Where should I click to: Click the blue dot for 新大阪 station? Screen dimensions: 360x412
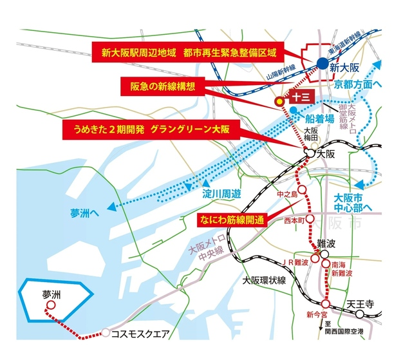pos(322,62)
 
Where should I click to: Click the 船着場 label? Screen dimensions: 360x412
pos(319,118)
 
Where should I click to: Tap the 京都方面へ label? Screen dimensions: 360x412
pos(358,84)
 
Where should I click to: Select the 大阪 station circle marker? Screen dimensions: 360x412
pos(310,155)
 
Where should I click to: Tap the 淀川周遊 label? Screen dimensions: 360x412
pos(221,193)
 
